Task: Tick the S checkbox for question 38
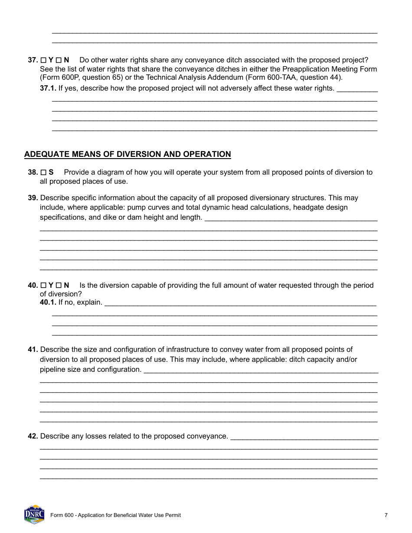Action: (43, 172)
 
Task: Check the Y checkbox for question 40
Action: (43, 286)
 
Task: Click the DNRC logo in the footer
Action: (34, 514)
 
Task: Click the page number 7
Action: (386, 515)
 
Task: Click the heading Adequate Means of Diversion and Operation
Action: (128, 154)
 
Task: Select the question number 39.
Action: (33, 198)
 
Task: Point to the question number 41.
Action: (33, 350)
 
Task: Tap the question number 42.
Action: (33, 436)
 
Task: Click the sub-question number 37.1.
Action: (48, 88)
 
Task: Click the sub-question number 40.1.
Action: (48, 302)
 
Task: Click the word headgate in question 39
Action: (307, 208)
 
